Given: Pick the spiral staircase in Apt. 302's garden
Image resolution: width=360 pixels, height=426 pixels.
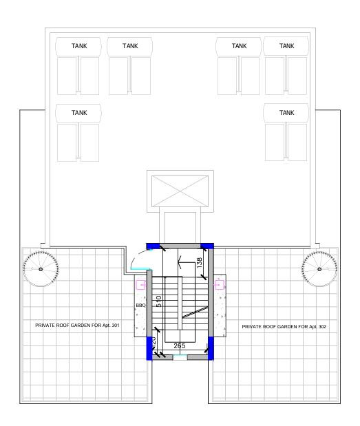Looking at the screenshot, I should pyautogui.click(x=319, y=268).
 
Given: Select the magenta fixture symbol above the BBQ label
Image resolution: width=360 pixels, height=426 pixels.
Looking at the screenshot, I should pyautogui.click(x=142, y=283).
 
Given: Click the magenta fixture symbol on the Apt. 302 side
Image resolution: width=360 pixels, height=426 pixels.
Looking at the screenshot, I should pyautogui.click(x=220, y=283).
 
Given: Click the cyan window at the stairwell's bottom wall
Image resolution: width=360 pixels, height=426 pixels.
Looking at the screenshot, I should pyautogui.click(x=180, y=358).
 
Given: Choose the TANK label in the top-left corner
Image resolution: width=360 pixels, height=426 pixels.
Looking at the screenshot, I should pyautogui.click(x=80, y=46).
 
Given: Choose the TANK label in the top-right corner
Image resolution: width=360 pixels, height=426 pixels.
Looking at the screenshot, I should pyautogui.click(x=286, y=46).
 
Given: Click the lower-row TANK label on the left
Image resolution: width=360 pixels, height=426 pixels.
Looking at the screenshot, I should pyautogui.click(x=80, y=112).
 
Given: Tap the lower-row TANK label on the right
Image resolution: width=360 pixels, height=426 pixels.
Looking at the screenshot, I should pyautogui.click(x=286, y=112).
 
